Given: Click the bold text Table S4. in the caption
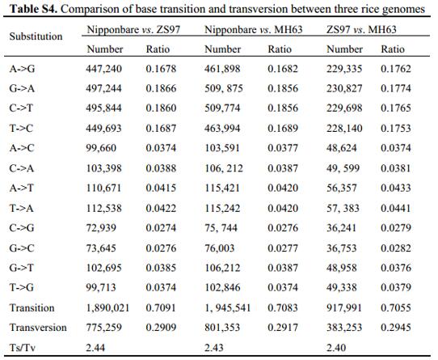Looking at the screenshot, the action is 33,9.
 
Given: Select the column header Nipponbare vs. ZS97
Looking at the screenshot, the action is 133,29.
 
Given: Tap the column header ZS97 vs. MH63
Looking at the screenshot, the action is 361,29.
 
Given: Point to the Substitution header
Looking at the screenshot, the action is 36,36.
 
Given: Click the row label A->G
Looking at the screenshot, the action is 22,69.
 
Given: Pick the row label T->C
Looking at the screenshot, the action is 21,128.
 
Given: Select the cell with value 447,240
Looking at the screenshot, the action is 104,69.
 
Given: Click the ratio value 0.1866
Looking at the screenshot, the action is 161,88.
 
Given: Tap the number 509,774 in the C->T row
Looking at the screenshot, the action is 222,108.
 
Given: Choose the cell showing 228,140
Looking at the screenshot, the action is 344,128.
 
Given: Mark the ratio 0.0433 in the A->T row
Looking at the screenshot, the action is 396,188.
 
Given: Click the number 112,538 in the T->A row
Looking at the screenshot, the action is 104,208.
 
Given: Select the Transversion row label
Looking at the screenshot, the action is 38,328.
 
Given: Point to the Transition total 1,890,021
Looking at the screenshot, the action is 107,307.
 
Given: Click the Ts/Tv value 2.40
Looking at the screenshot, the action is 336,348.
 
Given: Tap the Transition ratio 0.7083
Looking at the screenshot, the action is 283,307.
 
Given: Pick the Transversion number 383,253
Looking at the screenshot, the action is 344,328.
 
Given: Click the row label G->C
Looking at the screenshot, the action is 22,248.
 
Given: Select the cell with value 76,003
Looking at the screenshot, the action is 220,248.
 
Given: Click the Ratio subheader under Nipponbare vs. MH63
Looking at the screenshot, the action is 280,49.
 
